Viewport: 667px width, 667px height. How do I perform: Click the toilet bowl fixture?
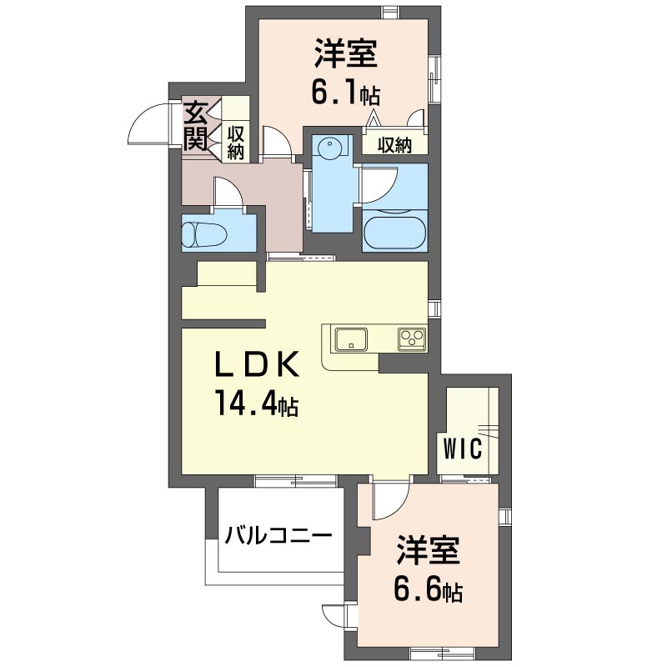pyautogui.click(x=204, y=235)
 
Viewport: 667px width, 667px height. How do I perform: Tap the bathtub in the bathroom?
pyautogui.click(x=394, y=233)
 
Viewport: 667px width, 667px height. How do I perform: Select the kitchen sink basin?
pyautogui.click(x=351, y=339)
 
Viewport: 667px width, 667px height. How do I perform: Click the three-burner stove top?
pyautogui.click(x=412, y=339)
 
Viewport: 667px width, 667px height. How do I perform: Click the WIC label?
pyautogui.click(x=463, y=448)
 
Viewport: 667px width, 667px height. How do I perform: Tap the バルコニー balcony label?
pyautogui.click(x=278, y=534)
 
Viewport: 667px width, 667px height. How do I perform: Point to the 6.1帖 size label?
pyautogui.click(x=346, y=93)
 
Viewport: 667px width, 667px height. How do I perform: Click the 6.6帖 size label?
pyautogui.click(x=428, y=589)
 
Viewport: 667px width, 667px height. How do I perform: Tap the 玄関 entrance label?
pyautogui.click(x=195, y=126)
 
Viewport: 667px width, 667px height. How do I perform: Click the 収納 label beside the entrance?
pyautogui.click(x=235, y=143)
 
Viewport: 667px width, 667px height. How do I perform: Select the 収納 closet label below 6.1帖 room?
pyautogui.click(x=394, y=146)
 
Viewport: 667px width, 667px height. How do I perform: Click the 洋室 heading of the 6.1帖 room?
pyautogui.click(x=346, y=53)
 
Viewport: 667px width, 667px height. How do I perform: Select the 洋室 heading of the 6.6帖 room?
pyautogui.click(x=429, y=550)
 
